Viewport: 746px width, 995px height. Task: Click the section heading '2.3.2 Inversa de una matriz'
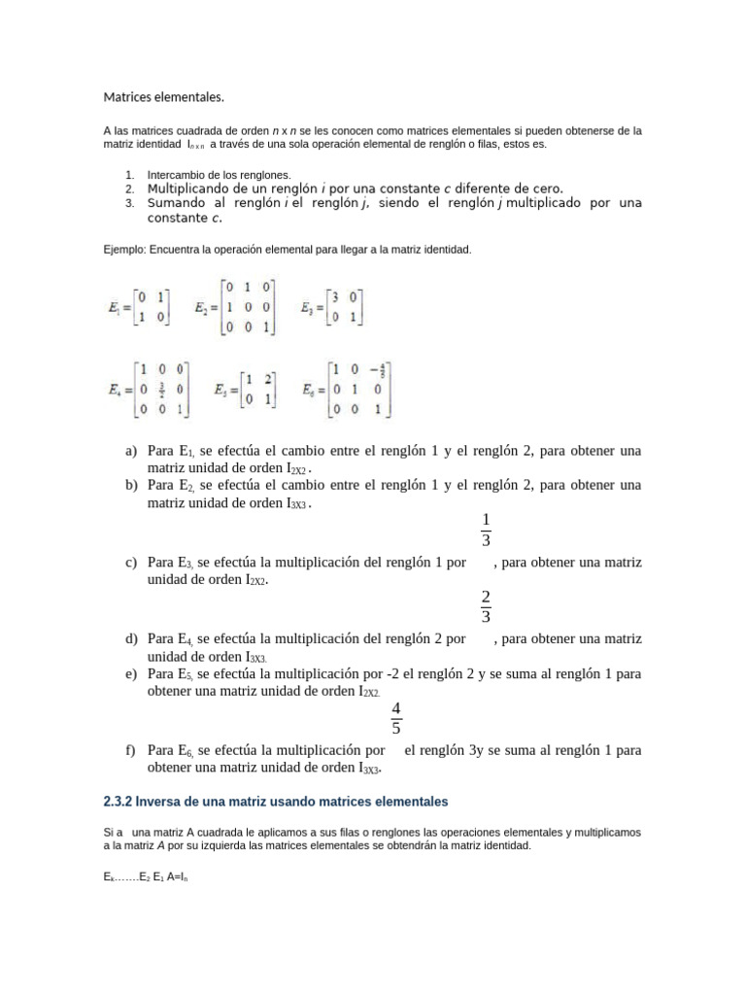pos(276,802)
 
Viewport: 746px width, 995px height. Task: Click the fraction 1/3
pos(486,530)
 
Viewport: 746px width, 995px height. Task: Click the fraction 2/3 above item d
pos(486,605)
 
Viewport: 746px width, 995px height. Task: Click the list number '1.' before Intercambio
pos(128,174)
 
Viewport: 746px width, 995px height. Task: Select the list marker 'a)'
pos(131,452)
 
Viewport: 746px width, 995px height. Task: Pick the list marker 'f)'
pos(131,751)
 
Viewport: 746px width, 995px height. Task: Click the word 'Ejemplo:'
pos(123,250)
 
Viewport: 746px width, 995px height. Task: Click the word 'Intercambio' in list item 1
pos(175,174)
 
